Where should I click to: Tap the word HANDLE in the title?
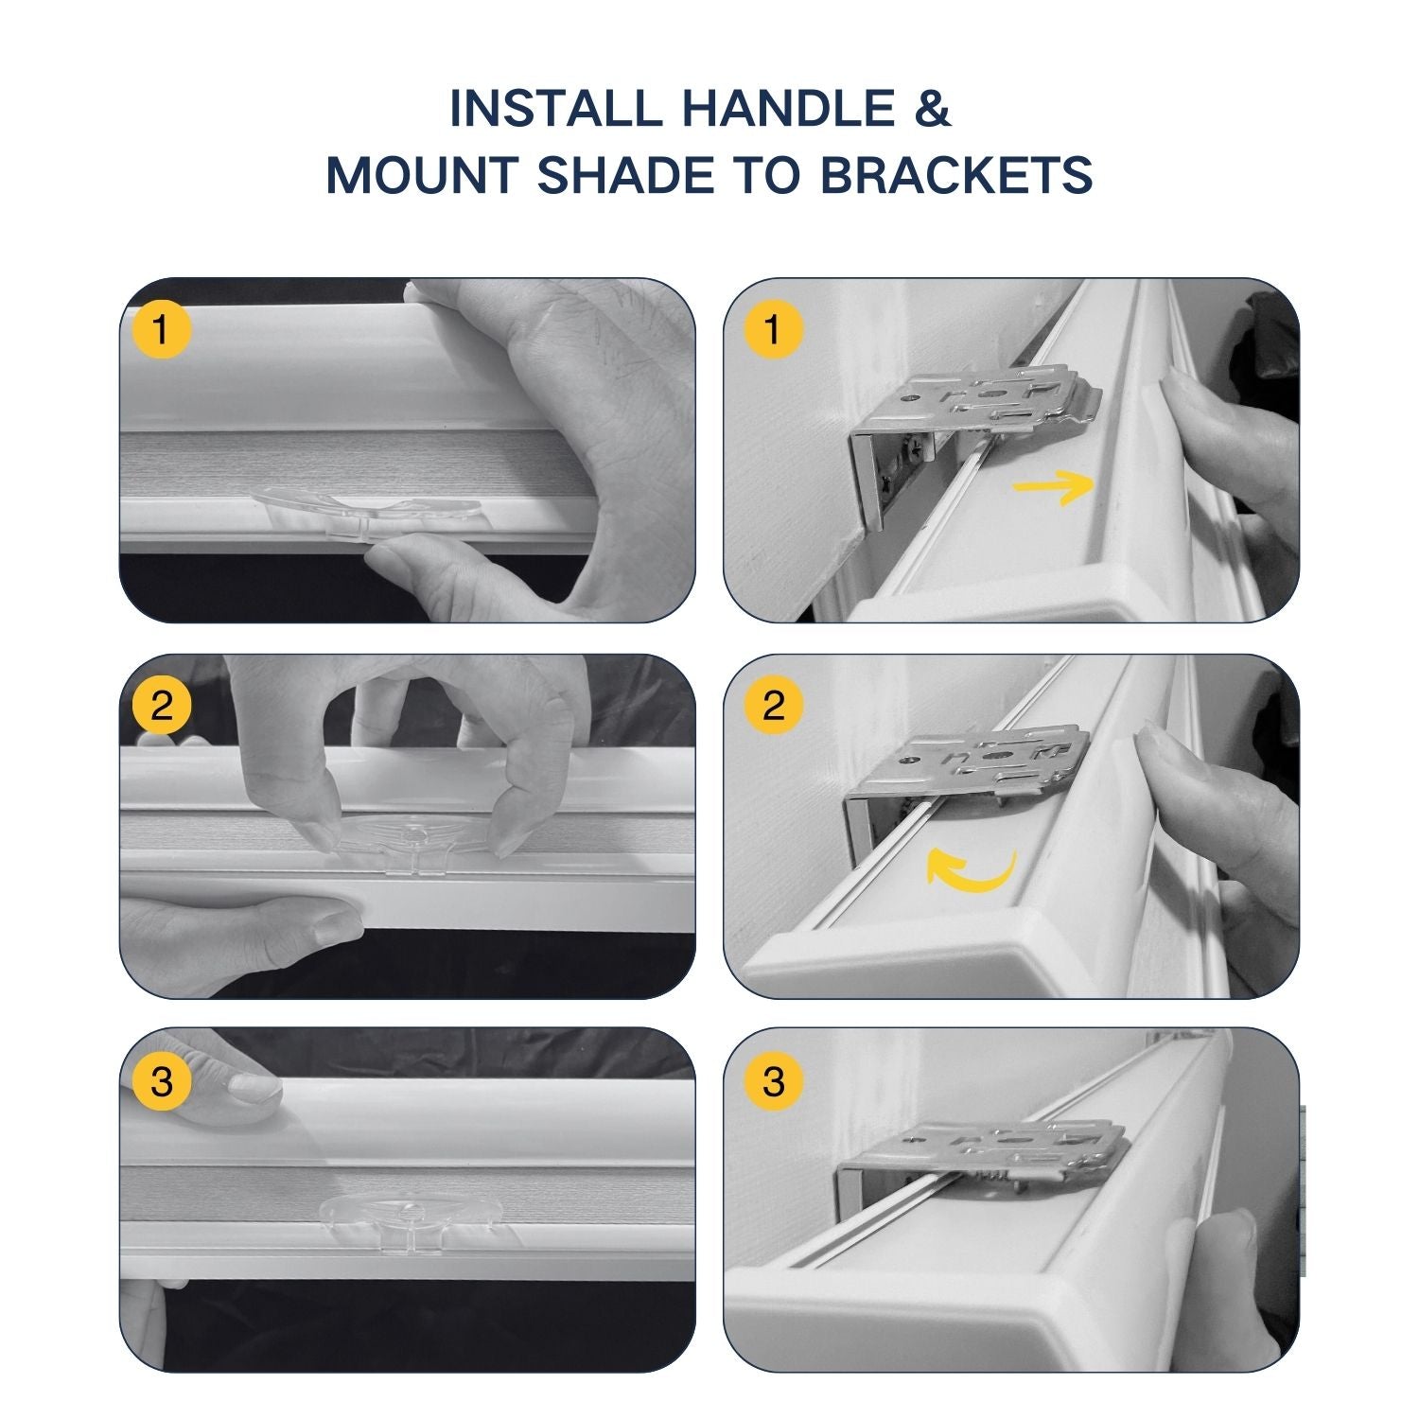pos(789,109)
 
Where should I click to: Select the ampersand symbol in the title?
pos(933,109)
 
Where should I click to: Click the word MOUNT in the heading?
pos(422,177)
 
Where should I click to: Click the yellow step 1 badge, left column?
pos(162,330)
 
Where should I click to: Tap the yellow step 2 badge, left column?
pos(162,706)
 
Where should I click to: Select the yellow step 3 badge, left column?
pos(162,1081)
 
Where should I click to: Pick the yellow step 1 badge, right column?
pos(773,330)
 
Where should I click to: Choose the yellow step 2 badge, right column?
pos(773,706)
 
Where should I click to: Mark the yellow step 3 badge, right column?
pos(773,1081)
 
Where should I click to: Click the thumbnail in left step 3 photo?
pos(251,1088)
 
